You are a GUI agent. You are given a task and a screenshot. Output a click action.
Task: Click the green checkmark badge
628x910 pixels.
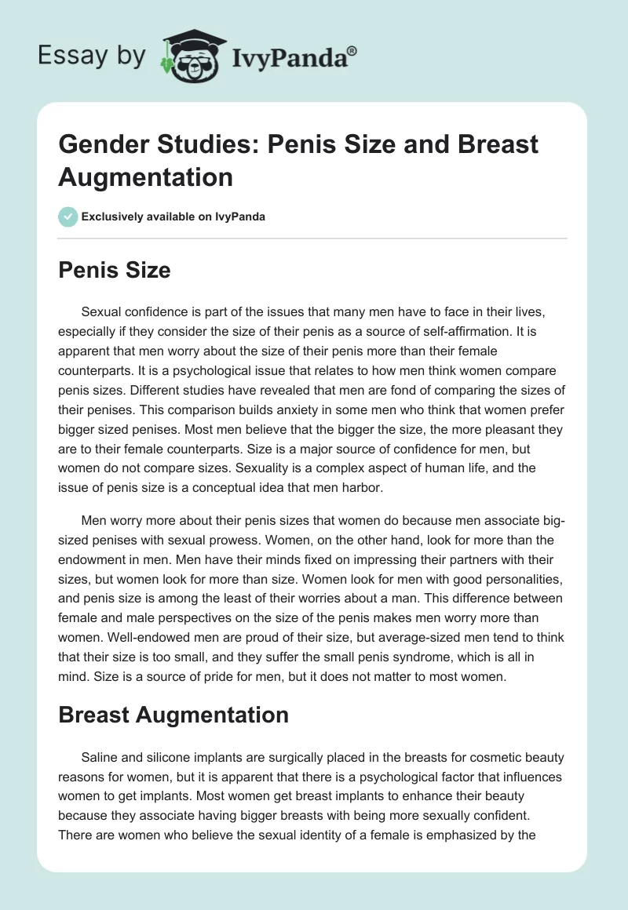(68, 217)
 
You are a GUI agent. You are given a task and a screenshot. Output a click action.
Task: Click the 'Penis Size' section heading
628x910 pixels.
(114, 271)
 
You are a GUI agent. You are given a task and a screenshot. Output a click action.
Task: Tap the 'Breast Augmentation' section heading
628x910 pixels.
(173, 715)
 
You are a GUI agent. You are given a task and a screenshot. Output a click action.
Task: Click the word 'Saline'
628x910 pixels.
(100, 758)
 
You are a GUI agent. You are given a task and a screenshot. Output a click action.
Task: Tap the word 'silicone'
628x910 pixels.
(168, 758)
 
